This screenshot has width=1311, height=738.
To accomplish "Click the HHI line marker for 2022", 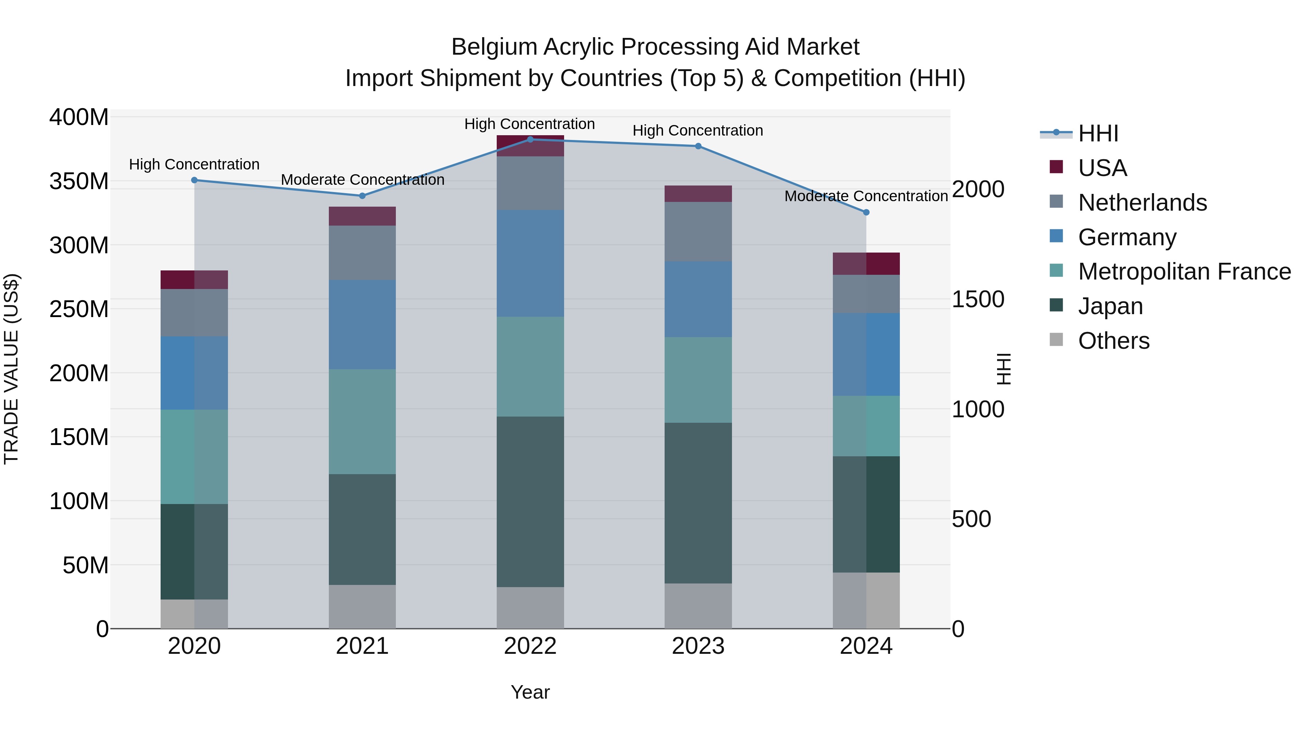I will coord(530,140).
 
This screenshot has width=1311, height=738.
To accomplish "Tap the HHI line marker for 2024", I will coord(866,212).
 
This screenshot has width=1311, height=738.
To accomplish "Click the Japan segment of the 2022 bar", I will coord(530,502).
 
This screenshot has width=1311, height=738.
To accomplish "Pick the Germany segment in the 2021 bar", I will coord(362,324).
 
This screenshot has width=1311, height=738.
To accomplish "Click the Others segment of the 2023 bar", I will coord(698,606).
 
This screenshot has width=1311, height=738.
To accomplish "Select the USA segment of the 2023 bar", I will coord(698,194).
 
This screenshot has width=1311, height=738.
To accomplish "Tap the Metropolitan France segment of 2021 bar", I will coord(362,422).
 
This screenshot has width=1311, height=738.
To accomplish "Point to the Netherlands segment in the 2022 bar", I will coord(530,183).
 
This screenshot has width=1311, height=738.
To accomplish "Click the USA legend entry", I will coord(1102,168).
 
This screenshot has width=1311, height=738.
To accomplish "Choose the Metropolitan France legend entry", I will coord(1184,272).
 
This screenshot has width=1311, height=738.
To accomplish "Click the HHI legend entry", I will coord(1098,133).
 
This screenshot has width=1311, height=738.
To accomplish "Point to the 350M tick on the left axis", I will coord(79,181).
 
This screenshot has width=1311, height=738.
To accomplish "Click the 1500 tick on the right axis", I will coord(978,300).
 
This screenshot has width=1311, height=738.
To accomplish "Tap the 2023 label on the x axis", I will coord(698,646).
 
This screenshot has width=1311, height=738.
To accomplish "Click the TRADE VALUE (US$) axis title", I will coord(11,369).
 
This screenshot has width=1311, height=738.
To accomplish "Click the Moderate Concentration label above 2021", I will coord(362,180).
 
